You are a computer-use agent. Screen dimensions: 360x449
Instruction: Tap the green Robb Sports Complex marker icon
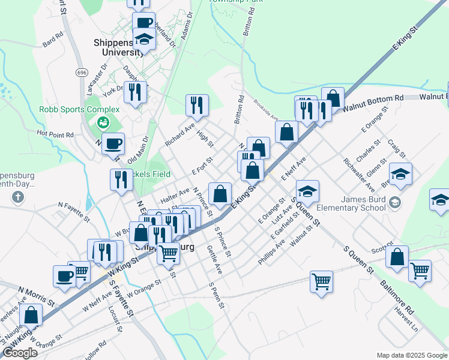pyautogui.click(x=102, y=122)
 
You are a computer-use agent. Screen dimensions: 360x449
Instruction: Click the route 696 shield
pyautogui.click(x=82, y=72)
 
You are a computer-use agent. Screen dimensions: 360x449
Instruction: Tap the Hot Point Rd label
pyautogui.click(x=55, y=134)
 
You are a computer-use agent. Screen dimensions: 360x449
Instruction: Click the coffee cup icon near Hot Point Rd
pyautogui.click(x=113, y=144)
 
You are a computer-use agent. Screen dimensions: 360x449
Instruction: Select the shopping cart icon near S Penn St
pyautogui.click(x=322, y=280)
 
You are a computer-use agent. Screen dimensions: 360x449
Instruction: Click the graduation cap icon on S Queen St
pyautogui.click(x=308, y=191)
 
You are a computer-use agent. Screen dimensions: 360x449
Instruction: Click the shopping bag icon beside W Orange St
pyautogui.click(x=31, y=315)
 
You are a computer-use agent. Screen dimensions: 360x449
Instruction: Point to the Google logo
pyautogui.click(x=19, y=353)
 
